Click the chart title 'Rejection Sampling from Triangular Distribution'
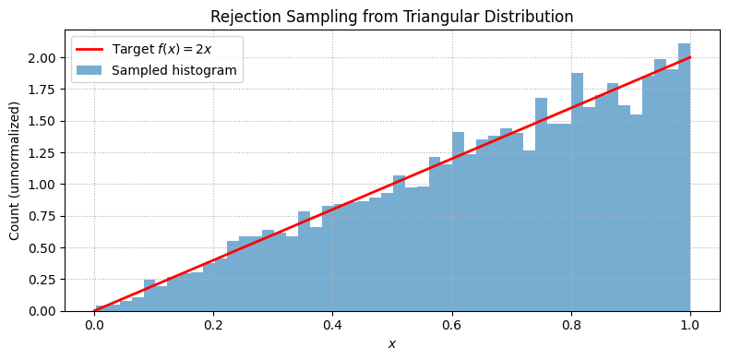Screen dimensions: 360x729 point(391,17)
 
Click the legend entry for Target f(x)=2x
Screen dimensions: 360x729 point(162,49)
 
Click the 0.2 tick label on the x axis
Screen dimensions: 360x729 point(213,326)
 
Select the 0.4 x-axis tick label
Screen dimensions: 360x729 point(332,326)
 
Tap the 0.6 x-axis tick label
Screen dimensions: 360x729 point(451,326)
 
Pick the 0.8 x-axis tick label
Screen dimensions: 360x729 point(571,326)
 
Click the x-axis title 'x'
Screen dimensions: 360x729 point(392,343)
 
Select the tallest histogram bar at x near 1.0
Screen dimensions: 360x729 point(684,175)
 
